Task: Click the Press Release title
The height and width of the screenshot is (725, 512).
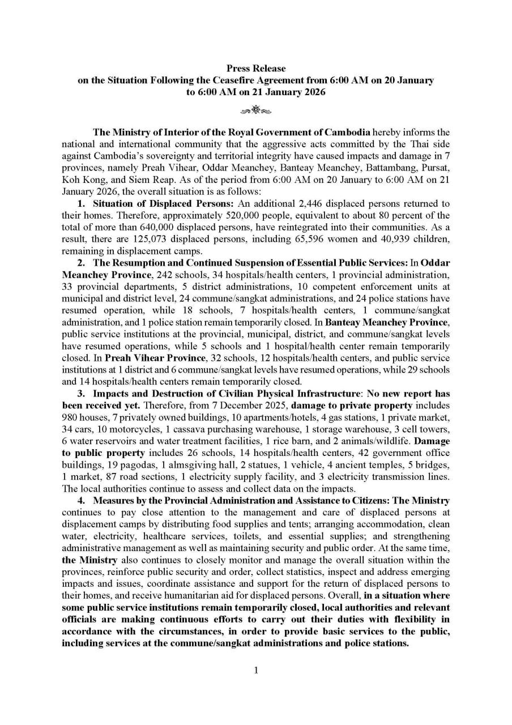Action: (x=256, y=69)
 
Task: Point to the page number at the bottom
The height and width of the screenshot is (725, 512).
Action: (x=256, y=671)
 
